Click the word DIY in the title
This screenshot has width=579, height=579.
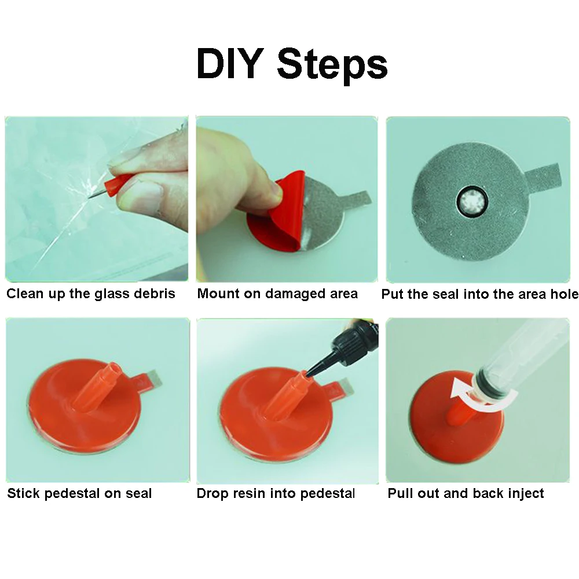230,63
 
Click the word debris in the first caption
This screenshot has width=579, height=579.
155,294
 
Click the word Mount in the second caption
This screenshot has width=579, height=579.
219,294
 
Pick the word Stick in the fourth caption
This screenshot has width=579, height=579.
23,493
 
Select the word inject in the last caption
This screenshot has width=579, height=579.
526,494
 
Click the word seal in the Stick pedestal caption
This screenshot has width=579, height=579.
138,493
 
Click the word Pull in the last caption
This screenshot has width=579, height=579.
401,493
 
